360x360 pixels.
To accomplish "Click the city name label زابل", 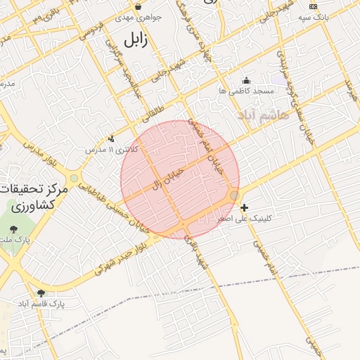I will click(136, 40).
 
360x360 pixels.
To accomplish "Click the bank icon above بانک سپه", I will click(314, 6).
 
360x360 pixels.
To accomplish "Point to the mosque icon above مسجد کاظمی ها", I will click(245, 80).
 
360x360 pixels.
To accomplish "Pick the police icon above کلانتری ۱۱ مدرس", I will click(112, 139).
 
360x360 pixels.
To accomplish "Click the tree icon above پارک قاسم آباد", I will click(41, 292).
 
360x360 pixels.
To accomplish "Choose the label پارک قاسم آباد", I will click(41, 304).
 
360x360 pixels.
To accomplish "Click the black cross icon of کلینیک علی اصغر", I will click(244, 207).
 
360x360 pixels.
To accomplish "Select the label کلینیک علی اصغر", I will click(244, 219).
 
